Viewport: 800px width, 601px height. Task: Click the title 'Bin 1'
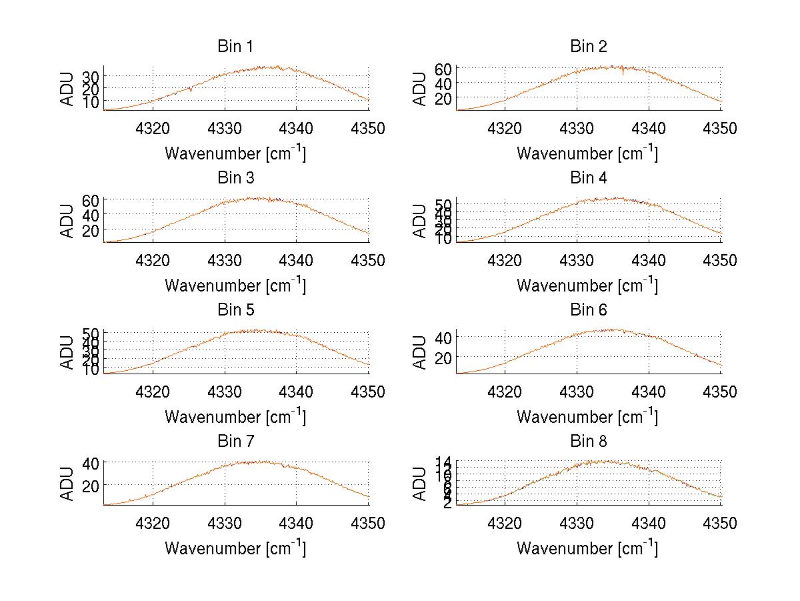tap(235, 47)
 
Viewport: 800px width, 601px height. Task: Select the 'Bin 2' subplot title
tap(588, 47)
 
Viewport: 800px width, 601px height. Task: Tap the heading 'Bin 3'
tap(235, 178)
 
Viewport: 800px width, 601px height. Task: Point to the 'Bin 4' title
tap(588, 178)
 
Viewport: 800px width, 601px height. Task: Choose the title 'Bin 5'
tap(235, 310)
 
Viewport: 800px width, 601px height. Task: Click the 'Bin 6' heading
tap(588, 310)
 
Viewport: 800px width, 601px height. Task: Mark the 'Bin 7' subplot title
tap(235, 442)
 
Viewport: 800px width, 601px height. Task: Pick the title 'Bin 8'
tap(588, 442)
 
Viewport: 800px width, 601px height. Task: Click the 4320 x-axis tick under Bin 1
tap(153, 129)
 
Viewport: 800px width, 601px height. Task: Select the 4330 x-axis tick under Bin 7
tap(225, 524)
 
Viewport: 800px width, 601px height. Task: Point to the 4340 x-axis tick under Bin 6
tap(649, 392)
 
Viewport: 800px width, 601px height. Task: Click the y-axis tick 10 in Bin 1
tap(91, 101)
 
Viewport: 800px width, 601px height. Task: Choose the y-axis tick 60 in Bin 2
tap(443, 69)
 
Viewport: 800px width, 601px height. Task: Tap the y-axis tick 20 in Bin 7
tap(91, 485)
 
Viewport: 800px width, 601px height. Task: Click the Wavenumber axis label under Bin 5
tap(235, 417)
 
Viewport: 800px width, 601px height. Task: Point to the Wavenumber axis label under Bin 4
tap(587, 285)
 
